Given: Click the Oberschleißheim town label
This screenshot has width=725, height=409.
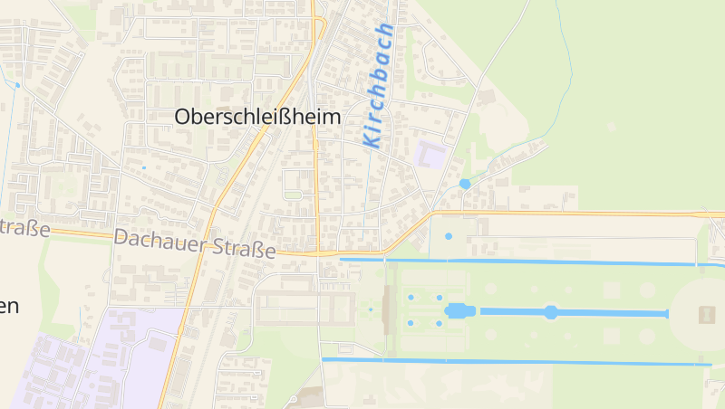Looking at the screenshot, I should [x=257, y=117].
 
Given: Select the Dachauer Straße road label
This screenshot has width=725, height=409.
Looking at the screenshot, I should [x=195, y=243].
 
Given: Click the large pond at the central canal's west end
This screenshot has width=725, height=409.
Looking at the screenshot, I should [x=460, y=311].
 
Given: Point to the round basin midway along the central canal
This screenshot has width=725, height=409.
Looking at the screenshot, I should [x=551, y=312].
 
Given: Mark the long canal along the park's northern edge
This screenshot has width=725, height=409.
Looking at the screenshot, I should [x=526, y=262].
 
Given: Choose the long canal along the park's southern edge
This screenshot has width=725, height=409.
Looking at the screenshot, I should [x=517, y=362].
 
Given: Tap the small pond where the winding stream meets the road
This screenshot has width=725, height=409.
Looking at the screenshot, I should [x=465, y=184].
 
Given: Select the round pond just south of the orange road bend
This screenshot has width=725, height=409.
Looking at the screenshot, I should [x=449, y=237].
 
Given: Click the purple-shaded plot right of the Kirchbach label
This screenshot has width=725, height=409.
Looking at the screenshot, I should [x=430, y=154].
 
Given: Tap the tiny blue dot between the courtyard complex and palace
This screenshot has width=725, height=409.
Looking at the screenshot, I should [x=370, y=310].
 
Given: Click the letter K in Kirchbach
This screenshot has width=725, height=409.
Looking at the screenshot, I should [x=370, y=138].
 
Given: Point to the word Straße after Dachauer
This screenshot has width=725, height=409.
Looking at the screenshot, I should [x=244, y=246].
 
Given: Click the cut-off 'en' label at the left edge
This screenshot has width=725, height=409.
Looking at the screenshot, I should [x=9, y=306].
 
